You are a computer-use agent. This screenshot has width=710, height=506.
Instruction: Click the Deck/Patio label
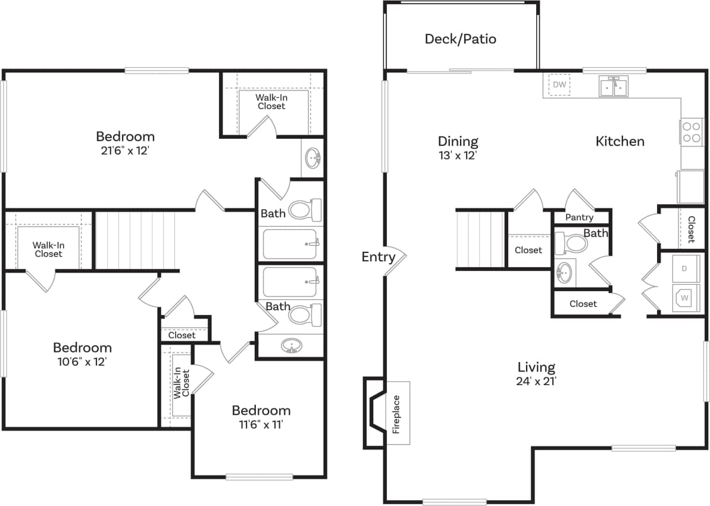460,39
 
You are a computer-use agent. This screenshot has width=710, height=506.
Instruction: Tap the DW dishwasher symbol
559,85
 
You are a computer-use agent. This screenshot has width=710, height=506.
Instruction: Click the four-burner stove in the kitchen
691,132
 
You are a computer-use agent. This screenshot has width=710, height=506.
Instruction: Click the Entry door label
379,257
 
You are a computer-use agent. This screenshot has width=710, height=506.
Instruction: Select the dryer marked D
684,268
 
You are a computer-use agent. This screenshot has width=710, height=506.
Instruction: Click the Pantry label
578,217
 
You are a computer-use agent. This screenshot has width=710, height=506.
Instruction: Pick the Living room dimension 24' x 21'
536,381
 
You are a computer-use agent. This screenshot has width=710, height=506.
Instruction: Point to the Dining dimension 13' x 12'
458,155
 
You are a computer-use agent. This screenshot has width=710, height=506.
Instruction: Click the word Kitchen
620,141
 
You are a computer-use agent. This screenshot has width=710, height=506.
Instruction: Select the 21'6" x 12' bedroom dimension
125,151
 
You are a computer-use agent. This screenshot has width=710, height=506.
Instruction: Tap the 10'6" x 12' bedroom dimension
82,361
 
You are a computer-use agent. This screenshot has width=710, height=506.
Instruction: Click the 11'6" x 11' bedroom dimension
261,425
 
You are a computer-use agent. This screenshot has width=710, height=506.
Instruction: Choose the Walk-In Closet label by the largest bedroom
271,102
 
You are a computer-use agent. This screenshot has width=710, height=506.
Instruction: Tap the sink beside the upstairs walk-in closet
312,158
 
